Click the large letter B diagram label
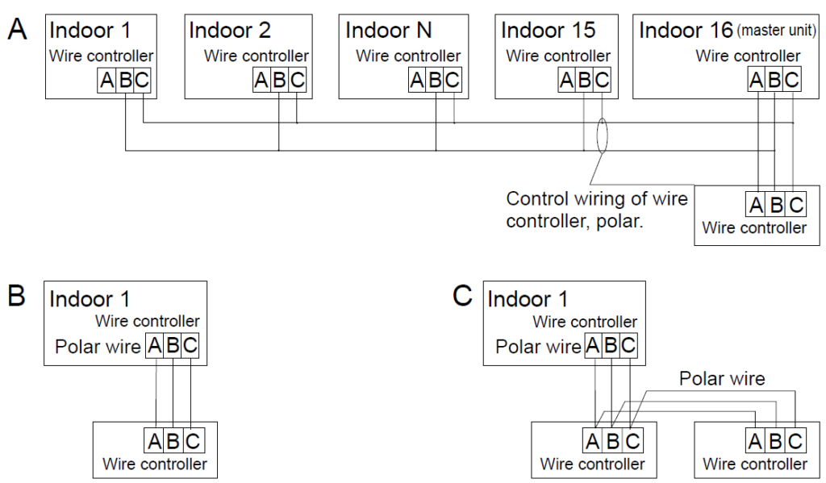(17, 295)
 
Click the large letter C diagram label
(462, 295)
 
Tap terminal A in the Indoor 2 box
(261, 81)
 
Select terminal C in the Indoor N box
(453, 81)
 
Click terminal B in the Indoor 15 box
(584, 81)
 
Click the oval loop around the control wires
(601, 136)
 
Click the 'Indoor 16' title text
(685, 31)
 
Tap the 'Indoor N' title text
(388, 31)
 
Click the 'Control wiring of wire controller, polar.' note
(596, 209)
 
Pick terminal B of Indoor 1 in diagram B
(172, 347)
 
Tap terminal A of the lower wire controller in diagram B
(155, 441)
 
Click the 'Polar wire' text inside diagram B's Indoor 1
(98, 347)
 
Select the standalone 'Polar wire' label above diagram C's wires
(721, 378)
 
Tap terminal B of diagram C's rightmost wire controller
(775, 441)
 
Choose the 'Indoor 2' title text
(230, 31)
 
